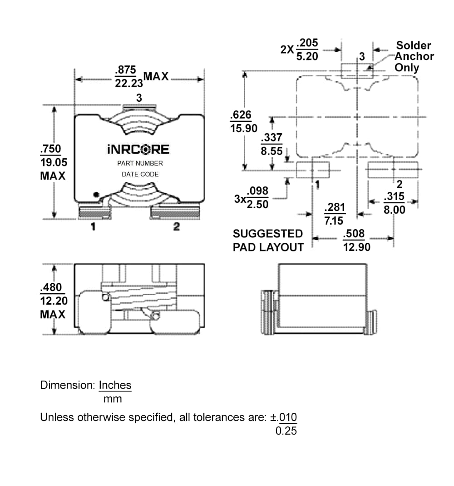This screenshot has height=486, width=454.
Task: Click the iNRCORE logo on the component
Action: coord(138,150)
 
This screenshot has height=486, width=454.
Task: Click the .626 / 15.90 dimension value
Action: coord(244,121)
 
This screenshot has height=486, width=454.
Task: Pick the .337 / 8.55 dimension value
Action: coord(271,144)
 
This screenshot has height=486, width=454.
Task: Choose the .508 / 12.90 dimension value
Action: coord(356,240)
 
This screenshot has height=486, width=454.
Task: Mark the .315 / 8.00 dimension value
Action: coord(394,203)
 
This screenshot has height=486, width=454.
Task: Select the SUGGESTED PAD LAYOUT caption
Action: coord(268,240)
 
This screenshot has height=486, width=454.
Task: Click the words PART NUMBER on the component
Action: coord(140,163)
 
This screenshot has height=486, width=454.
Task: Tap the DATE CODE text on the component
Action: coord(140,174)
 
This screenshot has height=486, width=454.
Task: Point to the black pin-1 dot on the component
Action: coord(96,195)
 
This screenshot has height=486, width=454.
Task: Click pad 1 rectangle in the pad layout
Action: coord(312,169)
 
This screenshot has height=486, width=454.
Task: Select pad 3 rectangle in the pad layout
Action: coord(357,70)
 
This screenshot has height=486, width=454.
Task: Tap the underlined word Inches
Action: coord(115,385)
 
